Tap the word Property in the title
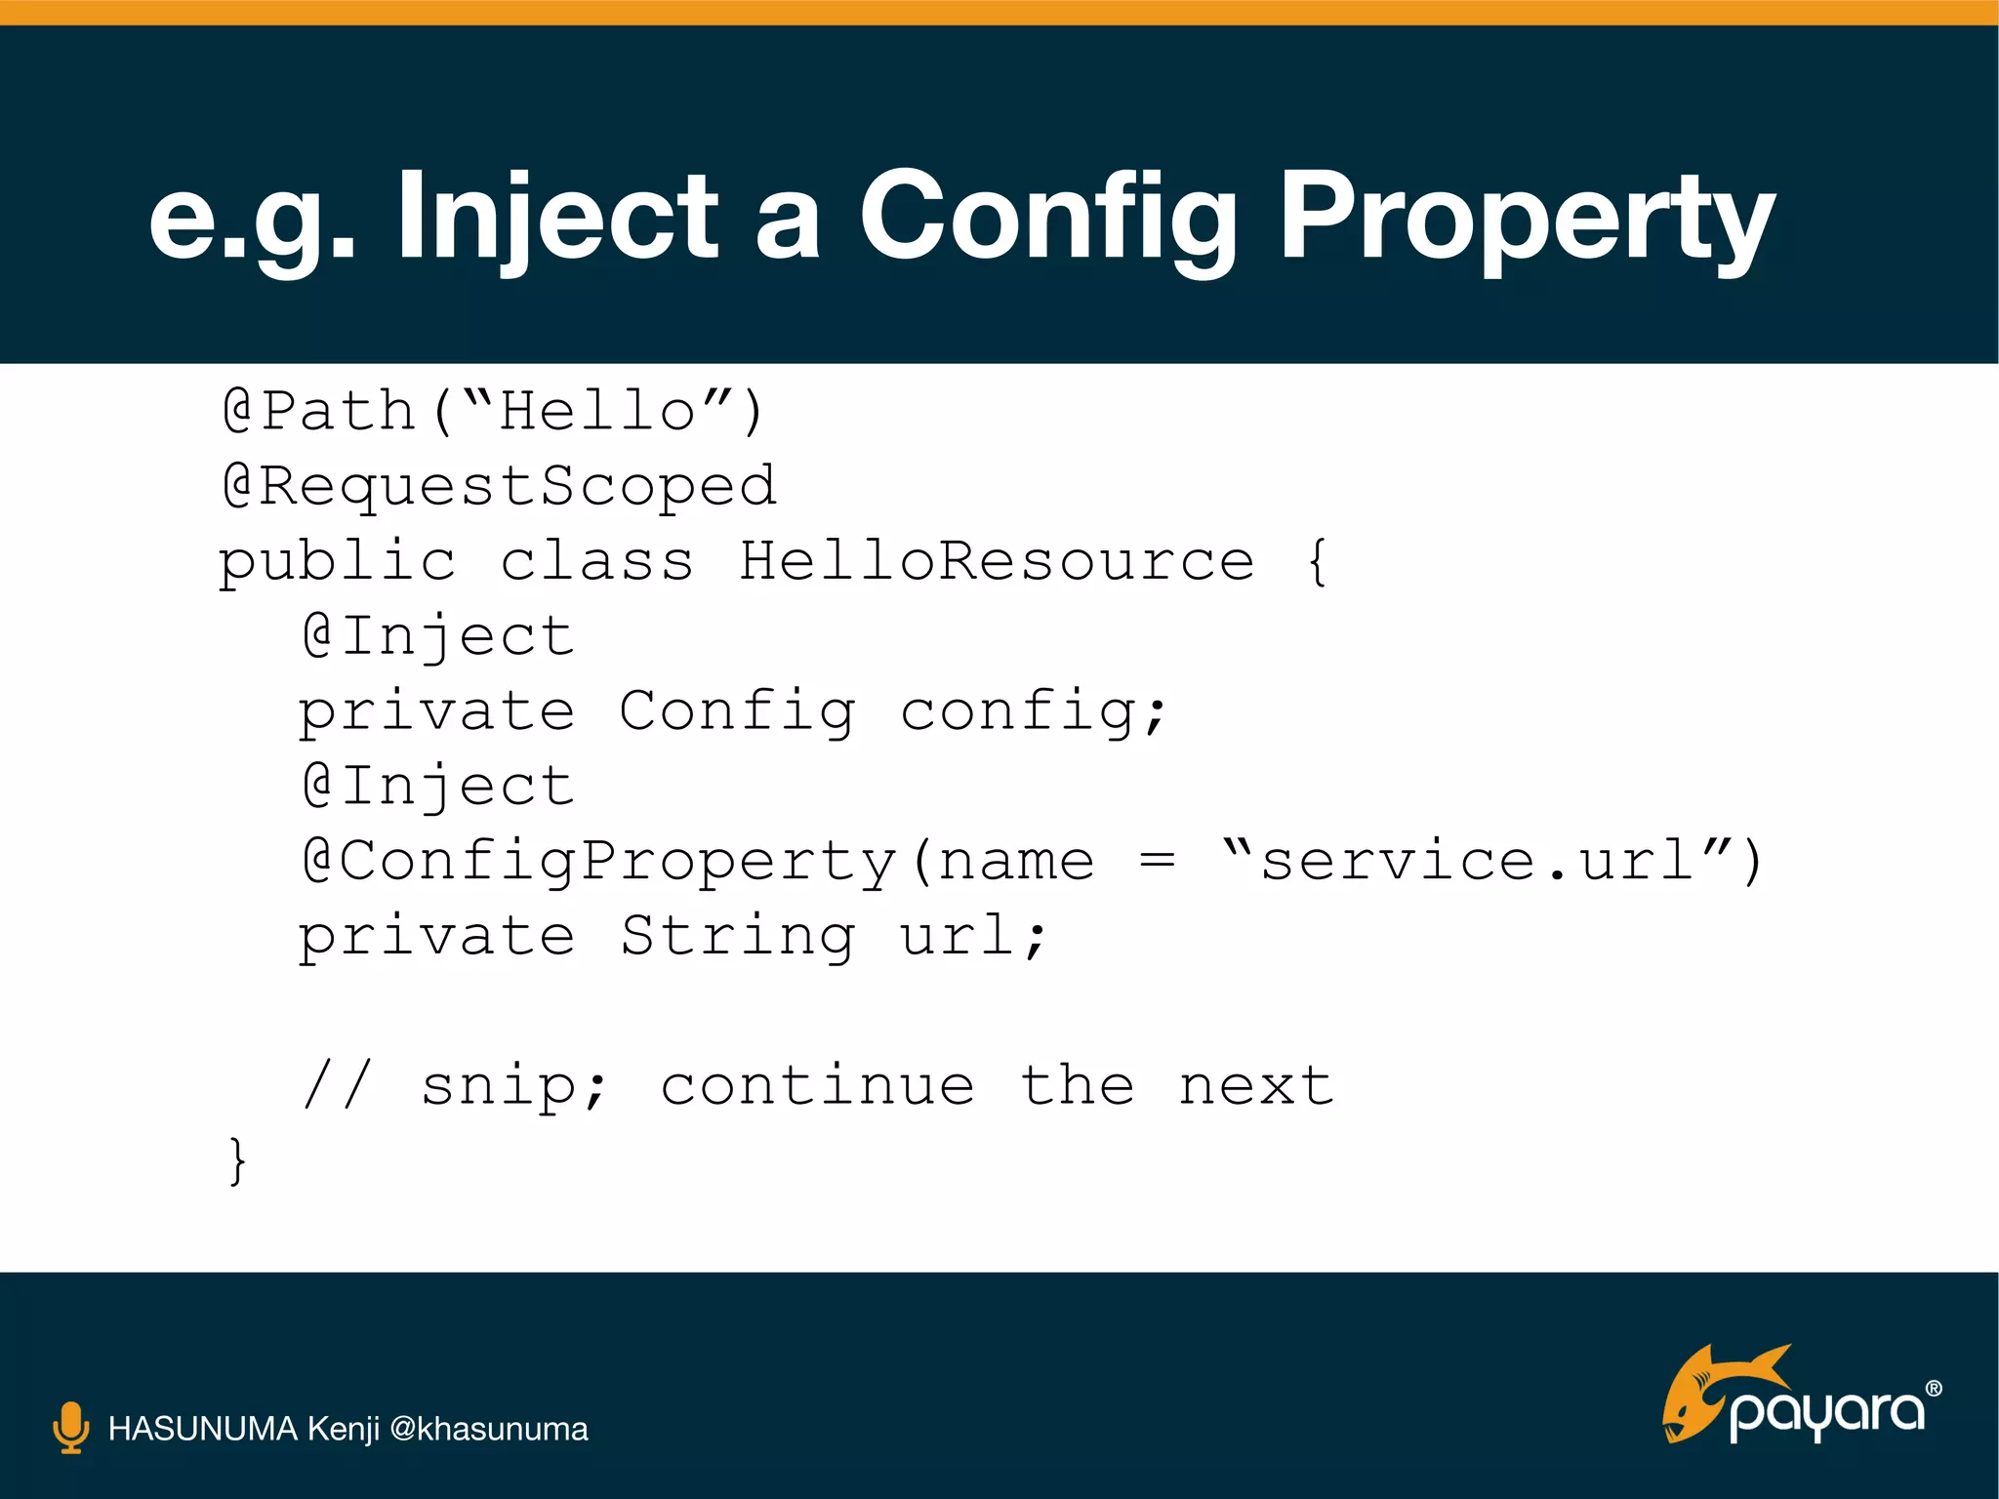coord(1527,217)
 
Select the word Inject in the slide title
coord(557,217)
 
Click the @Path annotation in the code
coord(320,410)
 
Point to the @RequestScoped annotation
coord(500,486)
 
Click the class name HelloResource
coord(997,561)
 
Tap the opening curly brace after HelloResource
coord(1317,562)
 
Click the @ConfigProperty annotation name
coord(599,862)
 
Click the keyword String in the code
coord(738,936)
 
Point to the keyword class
coord(596,561)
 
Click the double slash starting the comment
coord(338,1085)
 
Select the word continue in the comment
coord(817,1085)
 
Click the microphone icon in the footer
coord(70,1428)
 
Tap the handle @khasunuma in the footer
coord(488,1429)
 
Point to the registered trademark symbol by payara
coord(1933,1389)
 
